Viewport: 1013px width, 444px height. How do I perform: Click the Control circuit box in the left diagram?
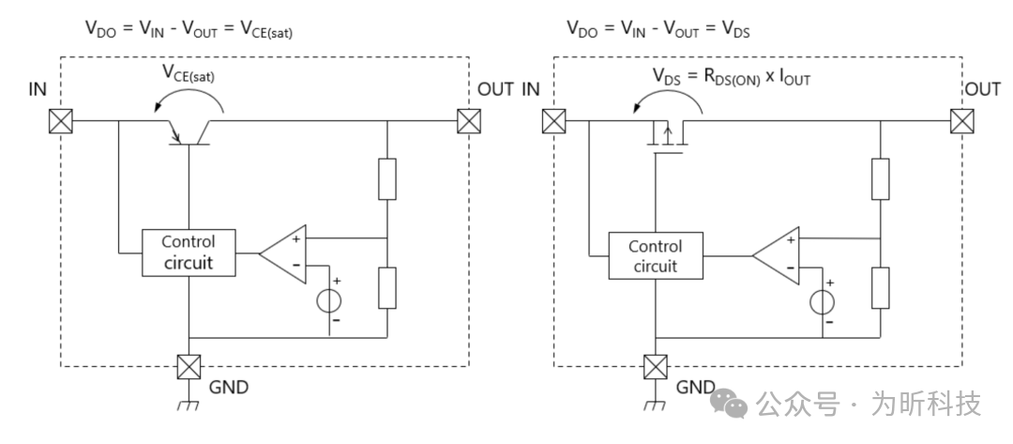coord(189,253)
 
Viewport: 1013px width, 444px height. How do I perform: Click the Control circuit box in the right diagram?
coord(655,255)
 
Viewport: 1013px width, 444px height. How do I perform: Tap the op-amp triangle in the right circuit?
coord(778,254)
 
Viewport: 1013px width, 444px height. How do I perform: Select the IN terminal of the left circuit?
coord(63,121)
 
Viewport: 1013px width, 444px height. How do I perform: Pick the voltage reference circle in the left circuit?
coord(329,301)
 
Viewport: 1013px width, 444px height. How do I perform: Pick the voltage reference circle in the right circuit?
coord(823,302)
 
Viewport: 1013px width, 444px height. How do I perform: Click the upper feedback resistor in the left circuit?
coord(387,179)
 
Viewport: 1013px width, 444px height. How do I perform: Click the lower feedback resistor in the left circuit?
coord(387,287)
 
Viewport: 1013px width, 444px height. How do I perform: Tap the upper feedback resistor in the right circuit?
coord(880,179)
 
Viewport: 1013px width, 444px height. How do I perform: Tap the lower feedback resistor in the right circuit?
coord(880,287)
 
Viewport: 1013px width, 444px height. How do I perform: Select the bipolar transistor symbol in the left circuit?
coord(189,133)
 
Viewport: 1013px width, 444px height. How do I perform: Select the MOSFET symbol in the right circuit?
coord(668,137)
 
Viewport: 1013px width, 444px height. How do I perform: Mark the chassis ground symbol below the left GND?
coord(189,406)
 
